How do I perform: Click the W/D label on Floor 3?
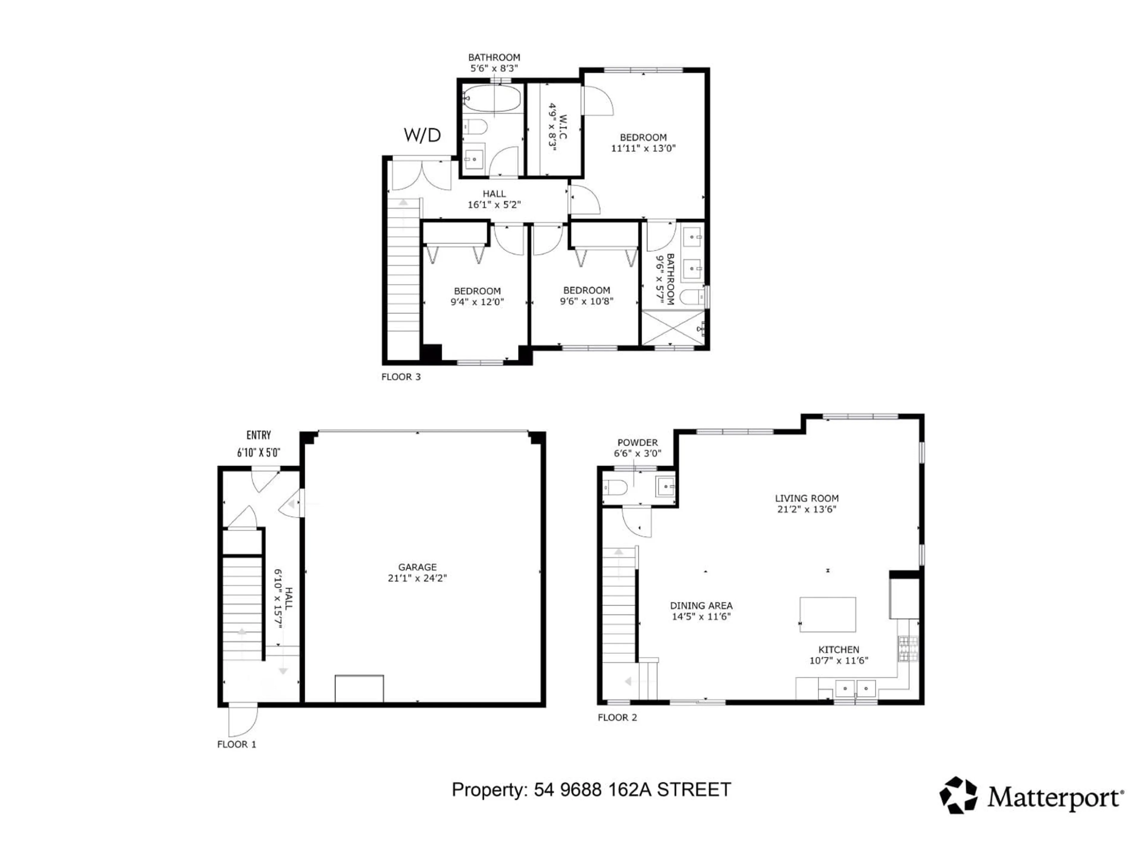(422, 135)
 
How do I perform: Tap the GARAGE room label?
(417, 567)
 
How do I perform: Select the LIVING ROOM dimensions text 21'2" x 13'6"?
(807, 509)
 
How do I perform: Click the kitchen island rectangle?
(828, 615)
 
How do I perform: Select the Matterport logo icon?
(958, 795)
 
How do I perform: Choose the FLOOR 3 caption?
(401, 377)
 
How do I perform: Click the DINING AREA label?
(701, 606)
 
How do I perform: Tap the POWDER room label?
(638, 443)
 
